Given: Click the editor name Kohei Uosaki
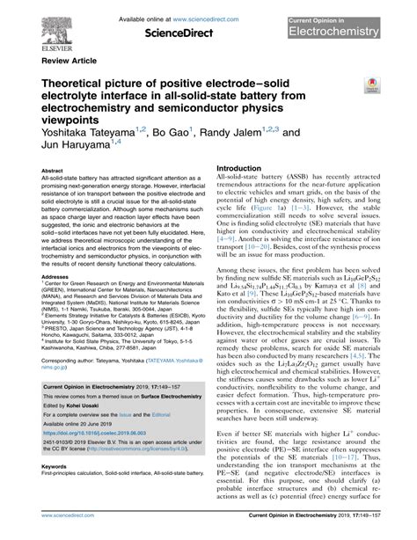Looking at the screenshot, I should point(96,400).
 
